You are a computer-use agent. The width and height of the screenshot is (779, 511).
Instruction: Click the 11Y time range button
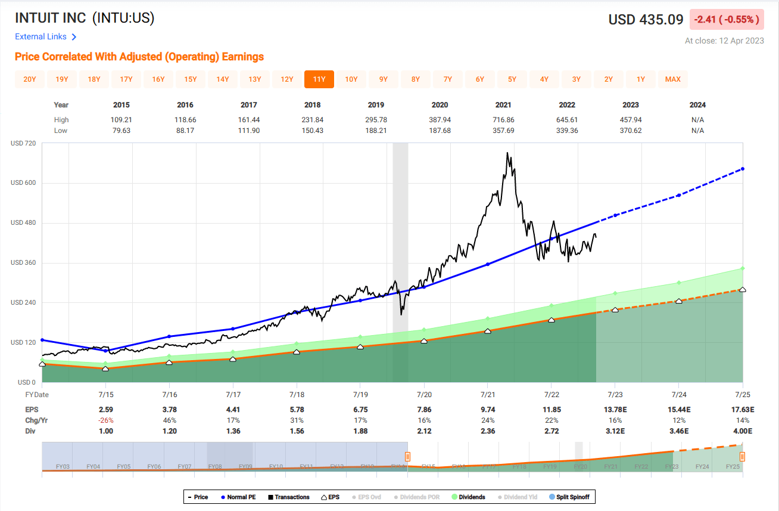pos(319,79)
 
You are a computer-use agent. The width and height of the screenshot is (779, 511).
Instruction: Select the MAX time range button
pos(673,79)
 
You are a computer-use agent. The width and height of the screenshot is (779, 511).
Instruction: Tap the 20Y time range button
pos(30,79)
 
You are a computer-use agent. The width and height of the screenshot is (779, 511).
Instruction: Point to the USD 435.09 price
pos(646,20)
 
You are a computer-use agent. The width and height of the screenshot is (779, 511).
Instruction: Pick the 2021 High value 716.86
pos(503,120)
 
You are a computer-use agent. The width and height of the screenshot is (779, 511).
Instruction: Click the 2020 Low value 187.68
pos(440,131)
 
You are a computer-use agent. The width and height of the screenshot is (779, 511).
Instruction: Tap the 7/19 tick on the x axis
pos(360,395)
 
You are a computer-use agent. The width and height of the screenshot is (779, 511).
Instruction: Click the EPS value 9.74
pos(488,410)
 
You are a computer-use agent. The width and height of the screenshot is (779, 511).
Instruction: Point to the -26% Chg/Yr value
pos(105,420)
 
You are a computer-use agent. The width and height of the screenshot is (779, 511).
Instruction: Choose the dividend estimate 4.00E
pos(743,431)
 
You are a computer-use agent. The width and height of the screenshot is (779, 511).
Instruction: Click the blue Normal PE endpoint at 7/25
pos(743,169)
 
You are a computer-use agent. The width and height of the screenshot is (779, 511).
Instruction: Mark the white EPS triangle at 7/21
pos(488,331)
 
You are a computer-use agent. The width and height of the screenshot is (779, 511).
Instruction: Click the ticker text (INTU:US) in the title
pos(123,18)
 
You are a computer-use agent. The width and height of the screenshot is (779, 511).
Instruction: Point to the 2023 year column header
pos(631,105)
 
